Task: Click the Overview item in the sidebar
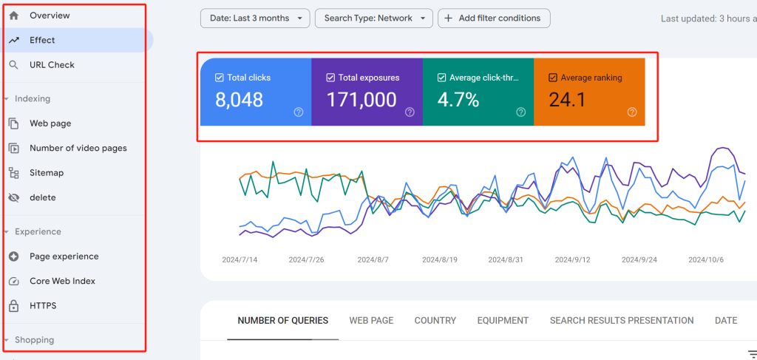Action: tap(50, 16)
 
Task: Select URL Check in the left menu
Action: tap(52, 65)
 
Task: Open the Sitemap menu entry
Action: tap(47, 173)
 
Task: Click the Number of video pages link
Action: tap(78, 148)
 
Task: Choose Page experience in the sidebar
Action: tap(64, 257)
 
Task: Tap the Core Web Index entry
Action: tap(62, 281)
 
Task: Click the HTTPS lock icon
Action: tap(13, 306)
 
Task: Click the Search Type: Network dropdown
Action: tap(373, 18)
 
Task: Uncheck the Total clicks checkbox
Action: tap(219, 78)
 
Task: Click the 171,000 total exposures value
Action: tap(361, 100)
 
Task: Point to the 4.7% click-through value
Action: tap(459, 100)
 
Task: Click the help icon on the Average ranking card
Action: tap(632, 112)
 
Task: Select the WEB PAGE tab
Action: tap(371, 320)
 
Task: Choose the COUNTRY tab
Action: tap(435, 320)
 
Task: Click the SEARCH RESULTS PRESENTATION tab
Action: tap(621, 320)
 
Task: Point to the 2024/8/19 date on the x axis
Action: tap(441, 260)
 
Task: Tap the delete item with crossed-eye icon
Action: tap(42, 197)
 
